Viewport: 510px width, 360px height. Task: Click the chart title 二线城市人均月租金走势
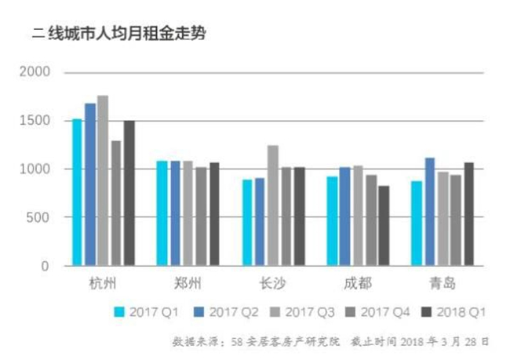(x=118, y=34)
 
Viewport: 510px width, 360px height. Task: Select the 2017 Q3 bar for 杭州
(x=103, y=180)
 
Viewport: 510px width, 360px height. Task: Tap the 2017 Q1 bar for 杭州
(x=77, y=192)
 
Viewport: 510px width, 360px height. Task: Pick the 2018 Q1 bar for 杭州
(x=129, y=193)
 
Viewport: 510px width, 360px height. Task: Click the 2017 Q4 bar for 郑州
(x=201, y=216)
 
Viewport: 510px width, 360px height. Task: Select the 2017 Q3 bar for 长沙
(x=273, y=205)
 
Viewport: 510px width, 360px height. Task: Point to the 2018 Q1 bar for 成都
(x=384, y=226)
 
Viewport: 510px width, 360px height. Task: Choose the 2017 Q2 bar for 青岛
(x=430, y=212)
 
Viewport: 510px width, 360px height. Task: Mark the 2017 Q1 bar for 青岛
(x=417, y=223)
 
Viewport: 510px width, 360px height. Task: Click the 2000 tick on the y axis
(x=35, y=71)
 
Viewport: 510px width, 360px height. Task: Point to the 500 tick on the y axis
(x=38, y=217)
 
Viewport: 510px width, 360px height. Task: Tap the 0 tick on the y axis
(x=46, y=266)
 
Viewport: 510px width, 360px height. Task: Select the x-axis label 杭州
(x=103, y=283)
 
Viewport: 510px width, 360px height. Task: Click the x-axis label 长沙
(x=272, y=283)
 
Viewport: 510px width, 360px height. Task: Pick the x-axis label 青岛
(x=443, y=283)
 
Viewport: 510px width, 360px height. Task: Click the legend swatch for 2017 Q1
(x=119, y=312)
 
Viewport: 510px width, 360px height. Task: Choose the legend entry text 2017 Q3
(x=310, y=312)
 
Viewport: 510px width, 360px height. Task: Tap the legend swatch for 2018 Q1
(x=426, y=312)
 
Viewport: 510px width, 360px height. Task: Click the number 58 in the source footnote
(x=236, y=342)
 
